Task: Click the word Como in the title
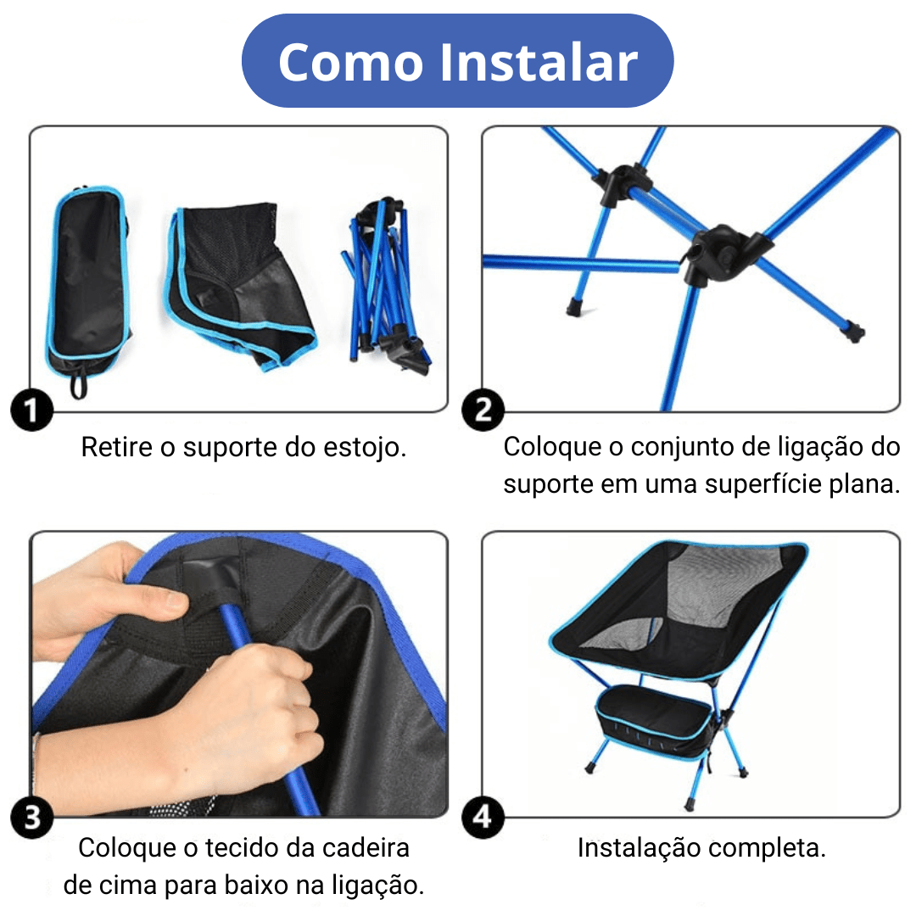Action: [349, 62]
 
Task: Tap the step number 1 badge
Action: [31, 412]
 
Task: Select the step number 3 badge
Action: [31, 818]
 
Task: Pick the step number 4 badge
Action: [483, 818]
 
